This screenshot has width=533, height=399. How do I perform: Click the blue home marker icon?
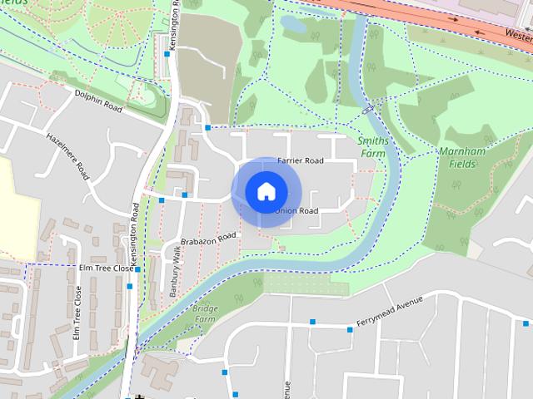[x=265, y=191]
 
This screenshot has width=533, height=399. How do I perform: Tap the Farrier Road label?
[x=300, y=160]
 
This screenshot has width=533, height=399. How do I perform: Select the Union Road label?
[x=296, y=211]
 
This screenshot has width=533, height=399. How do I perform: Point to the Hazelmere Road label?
[x=68, y=156]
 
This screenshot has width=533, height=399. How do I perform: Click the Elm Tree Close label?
[x=105, y=268]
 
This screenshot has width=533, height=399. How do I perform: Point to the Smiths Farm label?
[x=372, y=147]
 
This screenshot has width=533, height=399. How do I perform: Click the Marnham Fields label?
[x=457, y=158]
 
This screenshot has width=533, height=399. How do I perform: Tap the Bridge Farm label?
[x=204, y=313]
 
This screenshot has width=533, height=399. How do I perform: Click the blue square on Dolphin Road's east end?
[x=207, y=128]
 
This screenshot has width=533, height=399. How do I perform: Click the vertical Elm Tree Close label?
[x=77, y=313]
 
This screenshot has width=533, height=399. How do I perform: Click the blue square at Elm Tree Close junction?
[x=137, y=268]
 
